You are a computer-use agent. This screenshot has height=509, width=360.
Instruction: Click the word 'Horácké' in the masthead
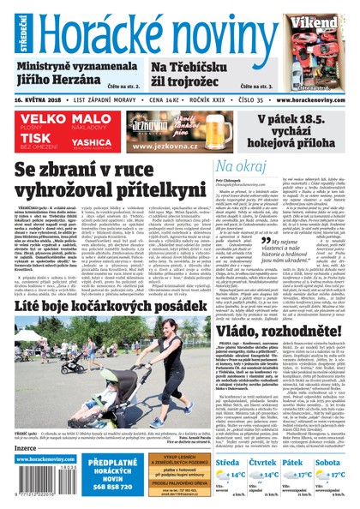tap(90, 29)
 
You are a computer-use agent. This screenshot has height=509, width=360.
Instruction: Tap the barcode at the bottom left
tap(33, 488)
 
